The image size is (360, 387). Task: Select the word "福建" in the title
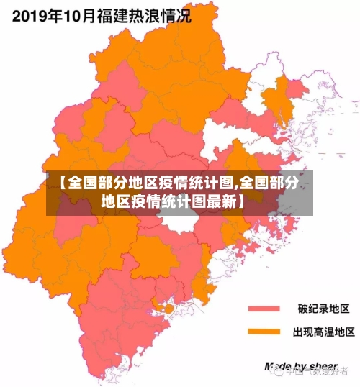pos(108,15)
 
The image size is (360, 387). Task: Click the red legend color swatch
pos(264,309)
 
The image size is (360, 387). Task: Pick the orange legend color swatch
pos(264,332)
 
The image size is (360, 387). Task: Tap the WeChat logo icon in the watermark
pos(276,372)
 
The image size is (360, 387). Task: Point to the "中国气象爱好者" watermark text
pos(317,372)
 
